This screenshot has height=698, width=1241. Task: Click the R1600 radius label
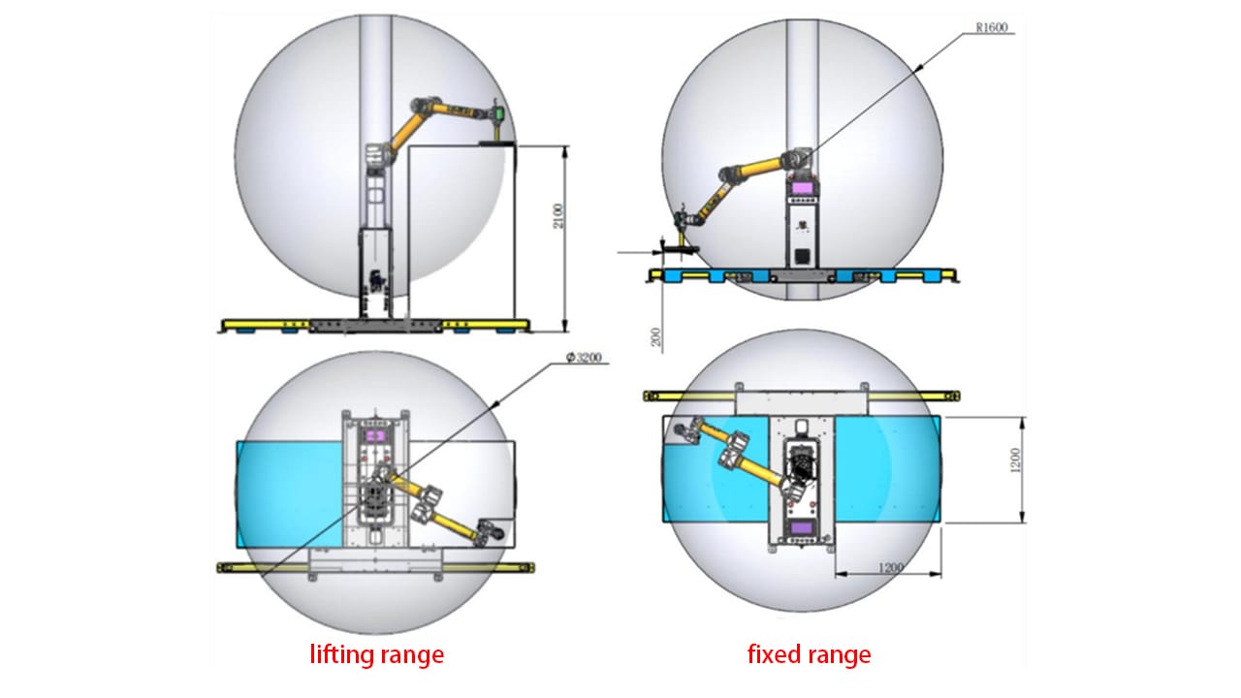993,28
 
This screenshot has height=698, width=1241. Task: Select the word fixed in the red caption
772,654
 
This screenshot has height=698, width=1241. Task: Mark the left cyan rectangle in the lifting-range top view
289,492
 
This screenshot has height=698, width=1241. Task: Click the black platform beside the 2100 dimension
498,144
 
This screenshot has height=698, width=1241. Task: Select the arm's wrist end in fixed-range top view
684,430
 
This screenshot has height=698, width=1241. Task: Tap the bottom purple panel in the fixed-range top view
804,527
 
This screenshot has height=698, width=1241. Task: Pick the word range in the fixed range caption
839,654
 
